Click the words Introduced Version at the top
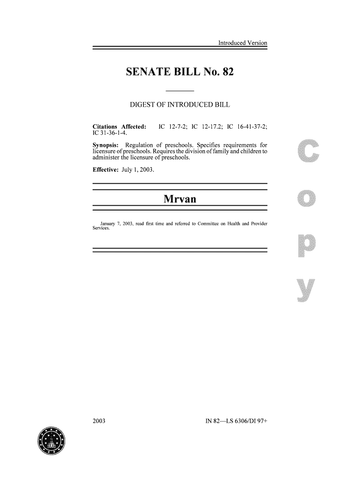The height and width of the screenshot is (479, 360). pos(242,43)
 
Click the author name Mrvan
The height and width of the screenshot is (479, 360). pos(180,200)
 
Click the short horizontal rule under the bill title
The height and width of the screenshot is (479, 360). pos(180,90)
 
